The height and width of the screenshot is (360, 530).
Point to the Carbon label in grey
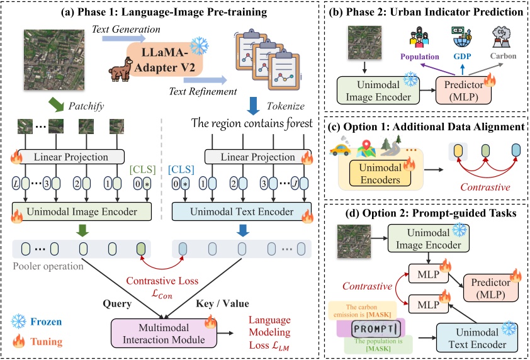click(502, 56)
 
